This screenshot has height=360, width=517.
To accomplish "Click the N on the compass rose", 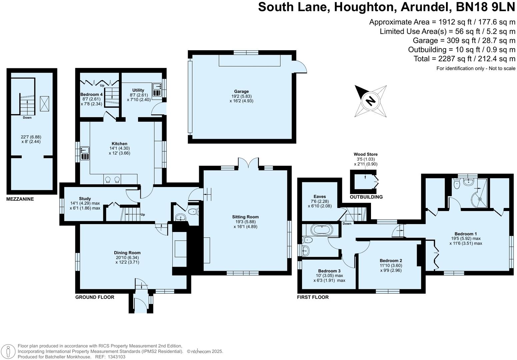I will point(370,101).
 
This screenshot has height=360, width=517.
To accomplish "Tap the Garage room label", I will point(241,91).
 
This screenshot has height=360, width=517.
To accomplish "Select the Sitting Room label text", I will point(245,217).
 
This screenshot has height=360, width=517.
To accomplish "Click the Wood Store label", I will point(366,154).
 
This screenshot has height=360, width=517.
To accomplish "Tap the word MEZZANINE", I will point(20,199).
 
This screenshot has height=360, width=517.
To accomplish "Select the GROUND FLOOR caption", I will point(95,297).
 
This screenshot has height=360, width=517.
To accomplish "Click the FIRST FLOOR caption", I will point(313,297).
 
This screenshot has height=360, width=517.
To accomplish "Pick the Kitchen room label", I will point(119,144).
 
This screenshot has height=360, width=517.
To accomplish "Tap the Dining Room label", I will point(127,253).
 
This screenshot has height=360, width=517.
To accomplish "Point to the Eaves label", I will point(320,197).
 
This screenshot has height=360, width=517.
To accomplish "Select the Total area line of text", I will point(464,59).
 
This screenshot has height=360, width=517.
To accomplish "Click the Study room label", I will point(85,199).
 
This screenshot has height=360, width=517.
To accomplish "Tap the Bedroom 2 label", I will point(391,260).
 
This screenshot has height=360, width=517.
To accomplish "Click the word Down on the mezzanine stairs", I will point(27,118).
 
